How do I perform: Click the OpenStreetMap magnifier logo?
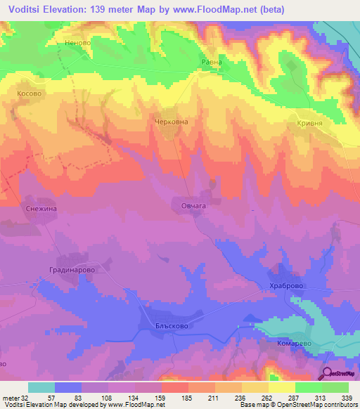click(328, 374)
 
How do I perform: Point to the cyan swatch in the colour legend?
click(41, 387)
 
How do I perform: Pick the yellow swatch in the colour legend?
click(281, 387)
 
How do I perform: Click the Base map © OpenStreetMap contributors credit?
click(297, 405)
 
